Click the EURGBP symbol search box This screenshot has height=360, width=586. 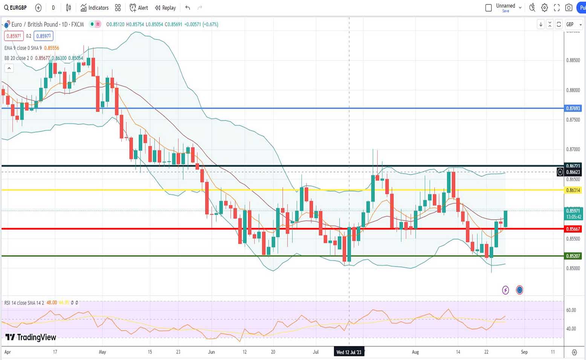click(x=15, y=8)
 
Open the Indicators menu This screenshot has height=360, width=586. click(x=94, y=8)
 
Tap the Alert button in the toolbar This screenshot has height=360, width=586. click(x=139, y=8)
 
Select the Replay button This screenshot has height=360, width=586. click(x=165, y=8)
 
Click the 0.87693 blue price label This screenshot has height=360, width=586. click(x=573, y=108)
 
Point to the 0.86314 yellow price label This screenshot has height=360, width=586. click(x=573, y=190)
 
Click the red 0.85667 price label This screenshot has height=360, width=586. click(x=573, y=229)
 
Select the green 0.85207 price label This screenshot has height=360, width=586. click(x=573, y=256)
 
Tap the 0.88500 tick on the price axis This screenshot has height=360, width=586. click(x=573, y=60)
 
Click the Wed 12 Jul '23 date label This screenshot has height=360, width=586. click(x=349, y=352)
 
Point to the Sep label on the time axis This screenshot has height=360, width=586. click(x=524, y=352)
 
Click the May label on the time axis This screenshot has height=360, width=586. click(x=102, y=352)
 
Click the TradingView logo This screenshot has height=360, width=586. click(x=31, y=337)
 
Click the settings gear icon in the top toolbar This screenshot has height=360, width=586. click(x=545, y=8)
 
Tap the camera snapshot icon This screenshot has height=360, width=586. click(x=569, y=8)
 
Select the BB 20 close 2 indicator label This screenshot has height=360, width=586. click(x=18, y=58)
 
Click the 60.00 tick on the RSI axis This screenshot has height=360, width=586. click(x=571, y=310)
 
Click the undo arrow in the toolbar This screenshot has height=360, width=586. click(x=188, y=8)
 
